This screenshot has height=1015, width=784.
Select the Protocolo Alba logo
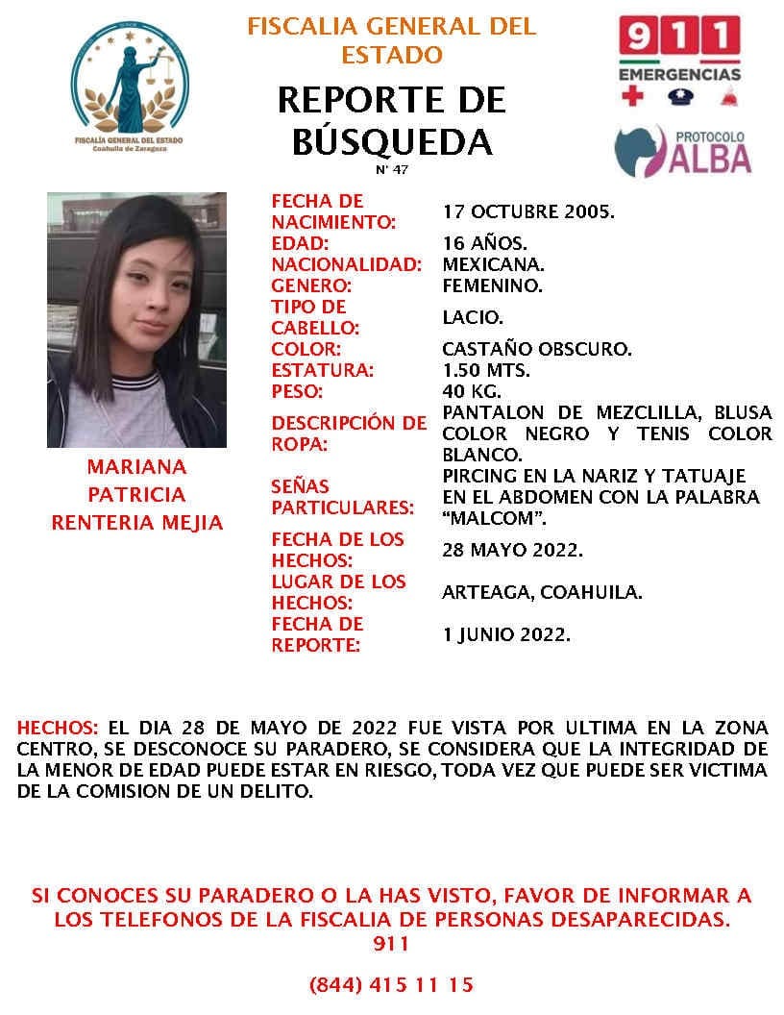682,150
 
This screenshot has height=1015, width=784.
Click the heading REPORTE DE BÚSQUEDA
391,120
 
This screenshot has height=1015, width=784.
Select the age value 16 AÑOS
484,243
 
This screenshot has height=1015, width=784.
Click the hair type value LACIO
473,317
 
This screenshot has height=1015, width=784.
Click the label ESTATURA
322,370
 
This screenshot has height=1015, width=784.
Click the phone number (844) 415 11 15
391,985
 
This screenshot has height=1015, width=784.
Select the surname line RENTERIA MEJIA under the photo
136,523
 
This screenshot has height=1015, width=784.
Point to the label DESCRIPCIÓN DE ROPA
348,433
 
